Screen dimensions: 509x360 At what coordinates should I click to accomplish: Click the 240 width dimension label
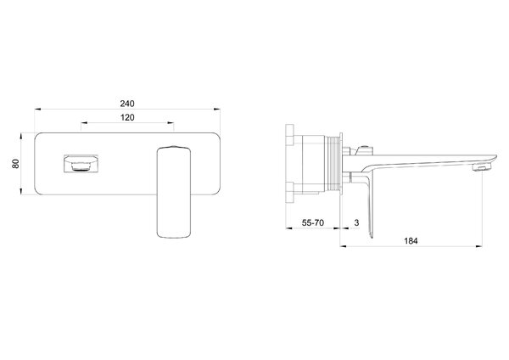(x=127, y=104)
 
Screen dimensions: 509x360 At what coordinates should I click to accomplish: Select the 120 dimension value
(x=127, y=118)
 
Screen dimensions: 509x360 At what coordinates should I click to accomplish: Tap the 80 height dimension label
(x=15, y=164)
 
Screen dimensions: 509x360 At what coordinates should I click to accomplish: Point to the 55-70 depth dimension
(x=312, y=223)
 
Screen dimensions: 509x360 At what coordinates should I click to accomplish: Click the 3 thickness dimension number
(x=357, y=223)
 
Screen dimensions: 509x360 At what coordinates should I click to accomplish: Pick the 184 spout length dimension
(x=411, y=241)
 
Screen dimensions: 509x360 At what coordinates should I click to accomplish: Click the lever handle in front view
(x=173, y=192)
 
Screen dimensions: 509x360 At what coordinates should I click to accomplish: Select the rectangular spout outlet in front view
(x=81, y=163)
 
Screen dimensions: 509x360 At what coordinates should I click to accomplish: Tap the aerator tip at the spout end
(x=483, y=167)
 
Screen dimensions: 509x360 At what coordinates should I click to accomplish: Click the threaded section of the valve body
(x=332, y=163)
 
